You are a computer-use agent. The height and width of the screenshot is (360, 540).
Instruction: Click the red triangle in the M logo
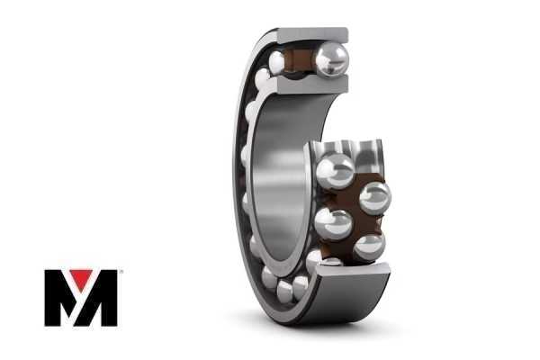coord(81,278)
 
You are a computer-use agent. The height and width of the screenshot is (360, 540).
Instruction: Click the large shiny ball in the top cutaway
coord(332,58)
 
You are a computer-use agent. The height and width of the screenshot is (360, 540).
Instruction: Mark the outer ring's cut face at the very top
coord(312,35)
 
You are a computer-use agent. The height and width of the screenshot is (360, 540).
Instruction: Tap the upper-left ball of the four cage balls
coord(335,171)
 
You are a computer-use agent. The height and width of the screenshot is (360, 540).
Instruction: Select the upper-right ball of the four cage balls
coord(375,198)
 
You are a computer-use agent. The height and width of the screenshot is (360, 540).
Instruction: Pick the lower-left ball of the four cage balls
coord(333,224)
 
